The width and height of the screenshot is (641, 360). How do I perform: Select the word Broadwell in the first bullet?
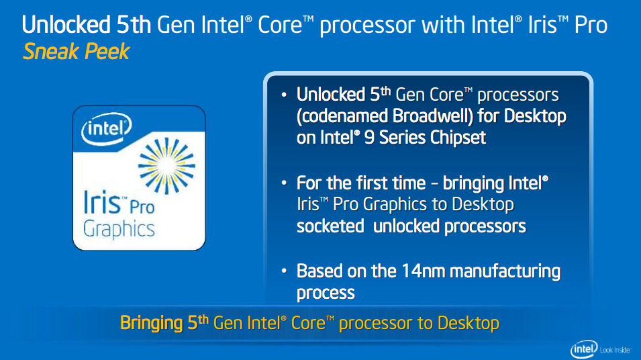point(432,116)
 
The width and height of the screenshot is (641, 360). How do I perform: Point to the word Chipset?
point(454,138)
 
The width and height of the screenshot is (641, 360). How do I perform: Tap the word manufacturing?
point(505,271)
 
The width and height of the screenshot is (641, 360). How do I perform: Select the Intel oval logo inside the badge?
point(106,128)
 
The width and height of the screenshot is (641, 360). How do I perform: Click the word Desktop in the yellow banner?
point(468,323)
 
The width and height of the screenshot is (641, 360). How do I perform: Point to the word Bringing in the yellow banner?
point(151,323)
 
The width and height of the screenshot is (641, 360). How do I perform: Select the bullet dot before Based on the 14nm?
point(285,272)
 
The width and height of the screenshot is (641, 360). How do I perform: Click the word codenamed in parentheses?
point(343,116)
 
